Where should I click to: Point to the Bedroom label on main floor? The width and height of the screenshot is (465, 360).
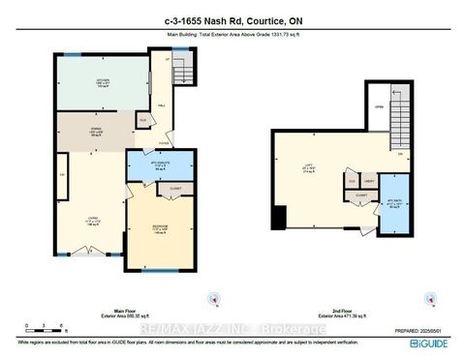point(159,231)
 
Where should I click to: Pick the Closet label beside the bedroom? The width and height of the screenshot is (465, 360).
point(175,189)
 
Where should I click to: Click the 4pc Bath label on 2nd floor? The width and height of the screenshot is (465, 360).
point(394,204)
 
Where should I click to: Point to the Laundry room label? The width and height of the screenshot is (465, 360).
point(369,181)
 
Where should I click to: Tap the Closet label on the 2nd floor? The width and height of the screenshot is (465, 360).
point(360,195)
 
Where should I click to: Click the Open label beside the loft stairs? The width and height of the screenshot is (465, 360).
point(380,107)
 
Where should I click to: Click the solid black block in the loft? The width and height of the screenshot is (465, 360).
point(279,220)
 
